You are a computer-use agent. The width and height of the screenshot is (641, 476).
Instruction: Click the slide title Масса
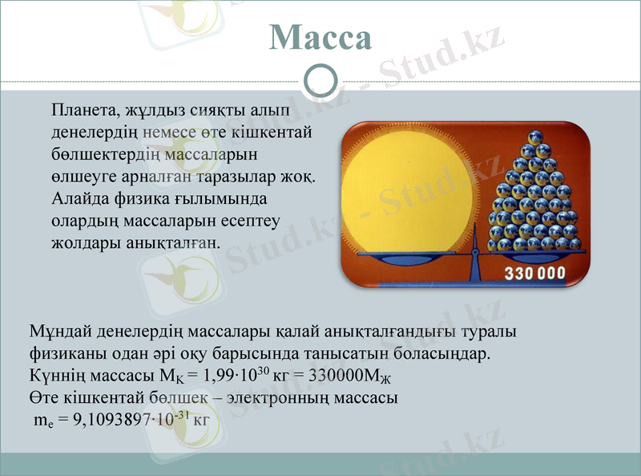[320, 38]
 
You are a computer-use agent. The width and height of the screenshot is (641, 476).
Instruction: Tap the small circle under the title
[320, 80]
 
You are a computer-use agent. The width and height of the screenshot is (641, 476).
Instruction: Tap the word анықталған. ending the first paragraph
[173, 241]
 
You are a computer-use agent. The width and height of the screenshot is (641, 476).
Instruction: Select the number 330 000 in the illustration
[534, 273]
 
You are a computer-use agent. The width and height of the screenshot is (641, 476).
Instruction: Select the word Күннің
[54, 375]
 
